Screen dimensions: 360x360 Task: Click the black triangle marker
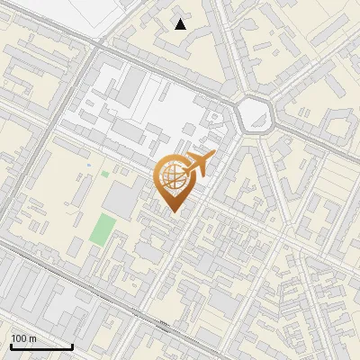coord(181,24)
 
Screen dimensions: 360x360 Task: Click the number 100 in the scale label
coord(20,338)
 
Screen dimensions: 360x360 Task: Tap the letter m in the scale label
coord(33,338)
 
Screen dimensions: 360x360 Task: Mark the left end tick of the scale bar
coord(11,346)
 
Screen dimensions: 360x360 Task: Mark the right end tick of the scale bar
coord(72,346)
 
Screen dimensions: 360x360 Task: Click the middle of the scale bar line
coord(41,346)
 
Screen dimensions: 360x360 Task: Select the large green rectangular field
coord(102,229)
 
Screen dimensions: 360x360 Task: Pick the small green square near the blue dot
coord(104,174)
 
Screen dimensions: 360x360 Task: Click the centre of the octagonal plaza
coord(255,113)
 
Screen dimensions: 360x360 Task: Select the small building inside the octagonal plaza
coord(255,116)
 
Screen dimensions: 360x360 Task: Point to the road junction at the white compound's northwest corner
coord(94,49)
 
